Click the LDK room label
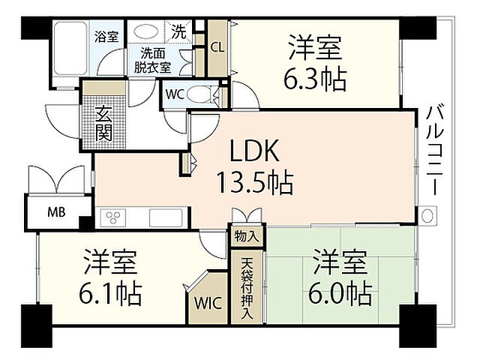(254, 154)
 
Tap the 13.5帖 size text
(254, 182)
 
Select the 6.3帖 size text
(316, 78)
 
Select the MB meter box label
(57, 211)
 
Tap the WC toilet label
(175, 94)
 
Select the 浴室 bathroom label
(106, 36)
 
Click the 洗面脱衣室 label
(152, 60)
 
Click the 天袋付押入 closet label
(247, 288)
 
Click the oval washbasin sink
(145, 32)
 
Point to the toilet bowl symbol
(200, 95)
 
